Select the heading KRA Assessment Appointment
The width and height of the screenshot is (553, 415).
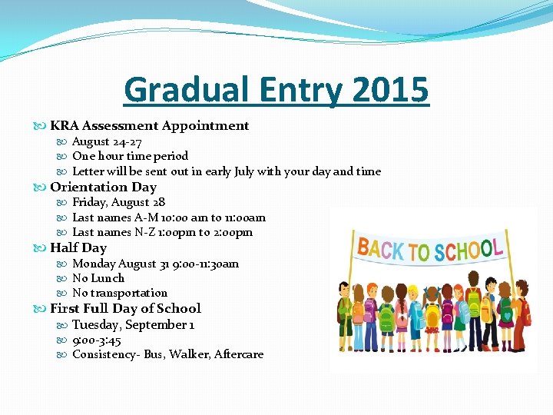coord(150,125)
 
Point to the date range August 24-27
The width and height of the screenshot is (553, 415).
coord(107,141)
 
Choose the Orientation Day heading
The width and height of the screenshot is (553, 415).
coord(103,187)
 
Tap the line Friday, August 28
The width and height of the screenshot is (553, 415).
coord(118,202)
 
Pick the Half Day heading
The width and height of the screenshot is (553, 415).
coord(78,247)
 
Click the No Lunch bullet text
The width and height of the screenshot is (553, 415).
coord(98,278)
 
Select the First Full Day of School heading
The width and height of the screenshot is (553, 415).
coord(125,308)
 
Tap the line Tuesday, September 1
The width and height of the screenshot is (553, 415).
coord(134,324)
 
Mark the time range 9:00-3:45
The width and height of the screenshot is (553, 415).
coord(97,340)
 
